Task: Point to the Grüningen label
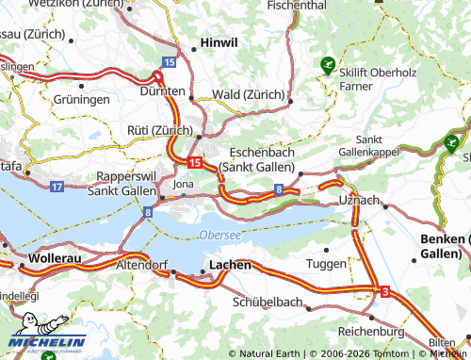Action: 82,98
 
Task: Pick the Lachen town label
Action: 230,266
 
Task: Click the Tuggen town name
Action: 327,264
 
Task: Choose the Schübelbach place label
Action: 268,303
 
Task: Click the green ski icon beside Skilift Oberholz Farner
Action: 327,65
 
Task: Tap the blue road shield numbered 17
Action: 57,188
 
